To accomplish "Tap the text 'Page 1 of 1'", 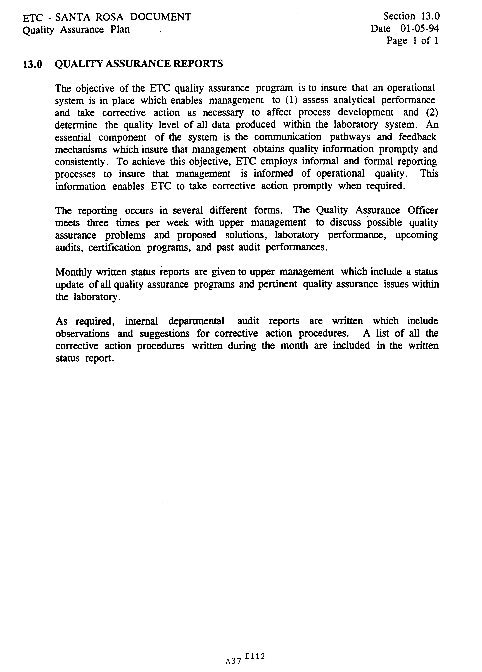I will pyautogui.click(x=412, y=41).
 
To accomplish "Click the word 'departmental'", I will pyautogui.click(x=196, y=321).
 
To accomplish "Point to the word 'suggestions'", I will pyautogui.click(x=164, y=334).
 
